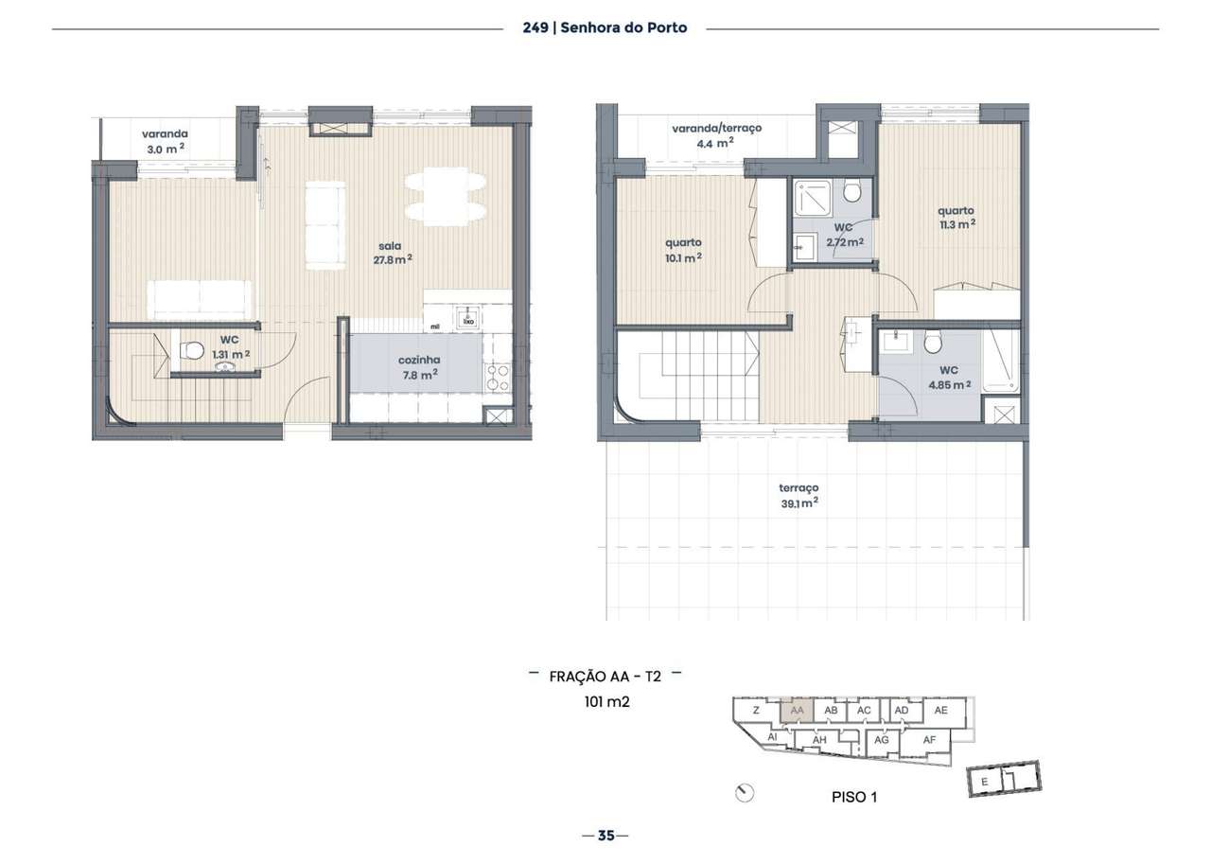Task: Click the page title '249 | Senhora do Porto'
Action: [605, 27]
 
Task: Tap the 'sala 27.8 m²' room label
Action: [394, 253]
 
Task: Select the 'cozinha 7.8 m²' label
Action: [417, 367]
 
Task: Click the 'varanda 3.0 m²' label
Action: [165, 141]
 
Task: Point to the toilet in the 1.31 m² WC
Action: [192, 351]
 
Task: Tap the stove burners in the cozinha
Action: [498, 377]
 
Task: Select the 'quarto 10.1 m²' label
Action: [683, 249]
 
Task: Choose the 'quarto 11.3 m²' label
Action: [956, 218]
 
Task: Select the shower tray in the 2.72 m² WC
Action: [811, 197]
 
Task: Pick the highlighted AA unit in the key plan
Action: [797, 711]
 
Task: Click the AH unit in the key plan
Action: [819, 740]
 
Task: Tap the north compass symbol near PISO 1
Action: [746, 793]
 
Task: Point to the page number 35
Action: [605, 836]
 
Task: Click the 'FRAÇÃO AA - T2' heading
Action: [605, 676]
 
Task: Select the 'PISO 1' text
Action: [853, 798]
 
